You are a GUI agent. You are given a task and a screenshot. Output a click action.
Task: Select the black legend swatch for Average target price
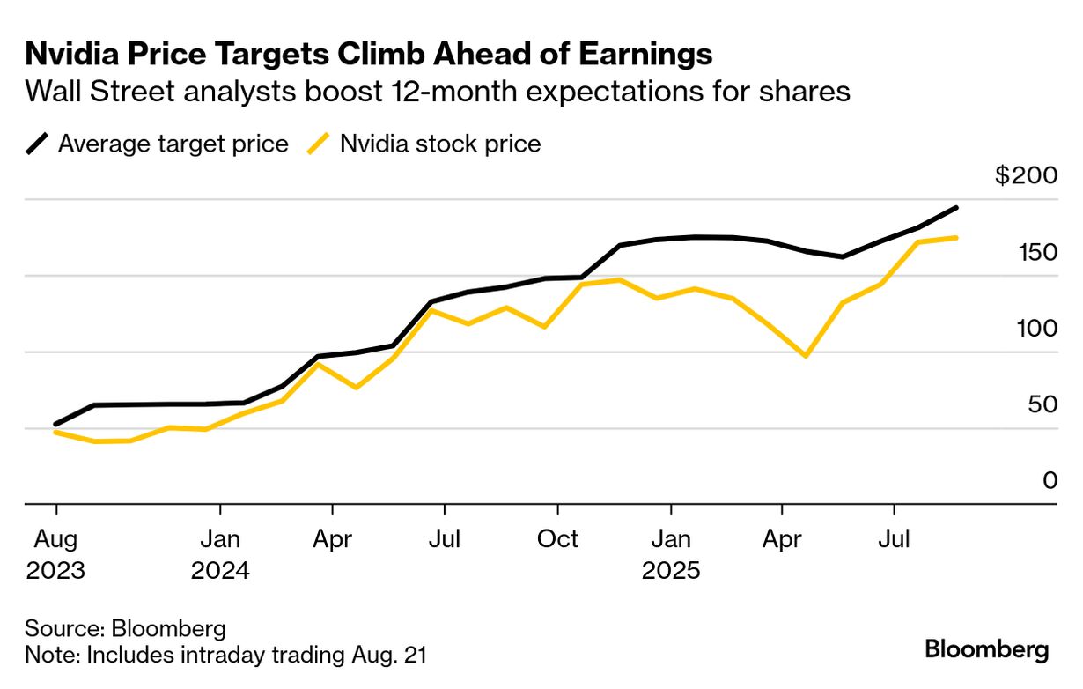pos(38,143)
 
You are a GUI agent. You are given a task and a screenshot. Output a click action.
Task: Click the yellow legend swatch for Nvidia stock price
pos(318,143)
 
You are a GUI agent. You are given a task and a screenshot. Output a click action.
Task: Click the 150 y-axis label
pos(1035,252)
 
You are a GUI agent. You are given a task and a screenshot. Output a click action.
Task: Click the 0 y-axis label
pos(1049,480)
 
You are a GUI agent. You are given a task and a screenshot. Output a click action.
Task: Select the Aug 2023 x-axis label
pos(56,553)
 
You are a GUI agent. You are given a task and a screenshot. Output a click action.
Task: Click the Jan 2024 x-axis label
pos(220,553)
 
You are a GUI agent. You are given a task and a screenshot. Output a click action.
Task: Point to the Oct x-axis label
pos(557,537)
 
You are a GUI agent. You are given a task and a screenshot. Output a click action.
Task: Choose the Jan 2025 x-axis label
pos(671,553)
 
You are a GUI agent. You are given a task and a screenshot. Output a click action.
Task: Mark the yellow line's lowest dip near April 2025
pos(805,356)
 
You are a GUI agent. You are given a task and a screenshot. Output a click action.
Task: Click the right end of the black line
pos(957,208)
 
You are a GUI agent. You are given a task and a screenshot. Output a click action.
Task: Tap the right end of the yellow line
pos(957,237)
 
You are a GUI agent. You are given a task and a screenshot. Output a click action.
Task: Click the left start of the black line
pos(55,424)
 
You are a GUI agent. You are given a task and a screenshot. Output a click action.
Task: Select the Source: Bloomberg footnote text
pos(126,629)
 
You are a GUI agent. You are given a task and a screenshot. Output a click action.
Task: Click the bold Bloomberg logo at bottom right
pos(987,650)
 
